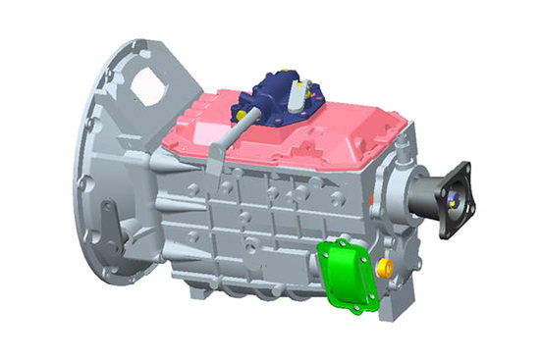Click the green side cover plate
point(348,276)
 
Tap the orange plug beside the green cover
point(386,266)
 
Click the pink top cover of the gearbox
point(324,132)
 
